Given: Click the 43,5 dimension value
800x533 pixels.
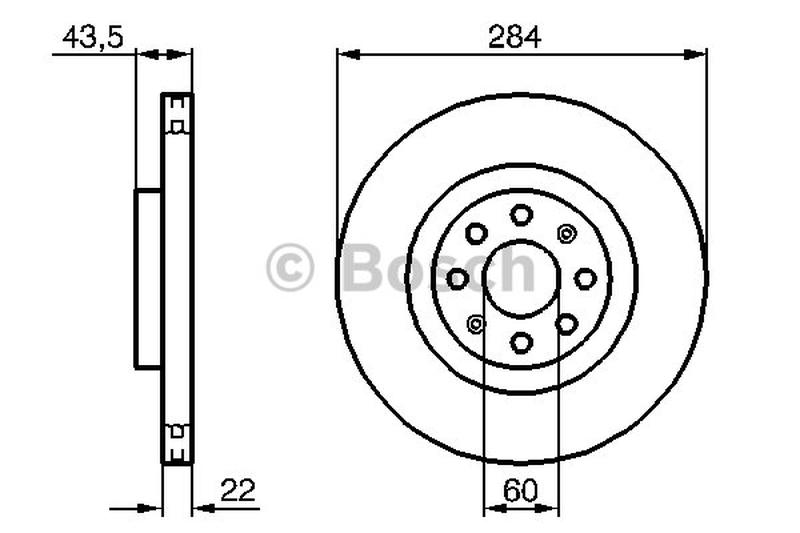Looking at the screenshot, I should [92, 38].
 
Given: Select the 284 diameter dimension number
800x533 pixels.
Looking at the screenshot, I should [514, 38].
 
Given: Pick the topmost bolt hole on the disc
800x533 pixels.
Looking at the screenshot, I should [521, 214].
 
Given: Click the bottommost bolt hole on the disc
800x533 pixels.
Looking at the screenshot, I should [521, 343].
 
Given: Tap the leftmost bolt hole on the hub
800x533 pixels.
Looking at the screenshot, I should [457, 279].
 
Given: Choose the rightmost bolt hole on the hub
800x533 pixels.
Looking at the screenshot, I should [585, 279].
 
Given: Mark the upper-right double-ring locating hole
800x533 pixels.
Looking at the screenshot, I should [567, 234].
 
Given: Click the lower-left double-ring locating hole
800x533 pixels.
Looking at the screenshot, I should [476, 324].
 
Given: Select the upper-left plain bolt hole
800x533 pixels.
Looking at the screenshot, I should [476, 234].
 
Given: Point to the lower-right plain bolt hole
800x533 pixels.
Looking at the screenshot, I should [567, 324].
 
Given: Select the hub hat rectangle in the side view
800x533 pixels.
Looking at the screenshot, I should [148, 278].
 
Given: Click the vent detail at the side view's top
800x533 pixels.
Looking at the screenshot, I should [177, 113].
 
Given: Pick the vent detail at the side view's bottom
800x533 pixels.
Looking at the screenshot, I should [177, 443].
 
